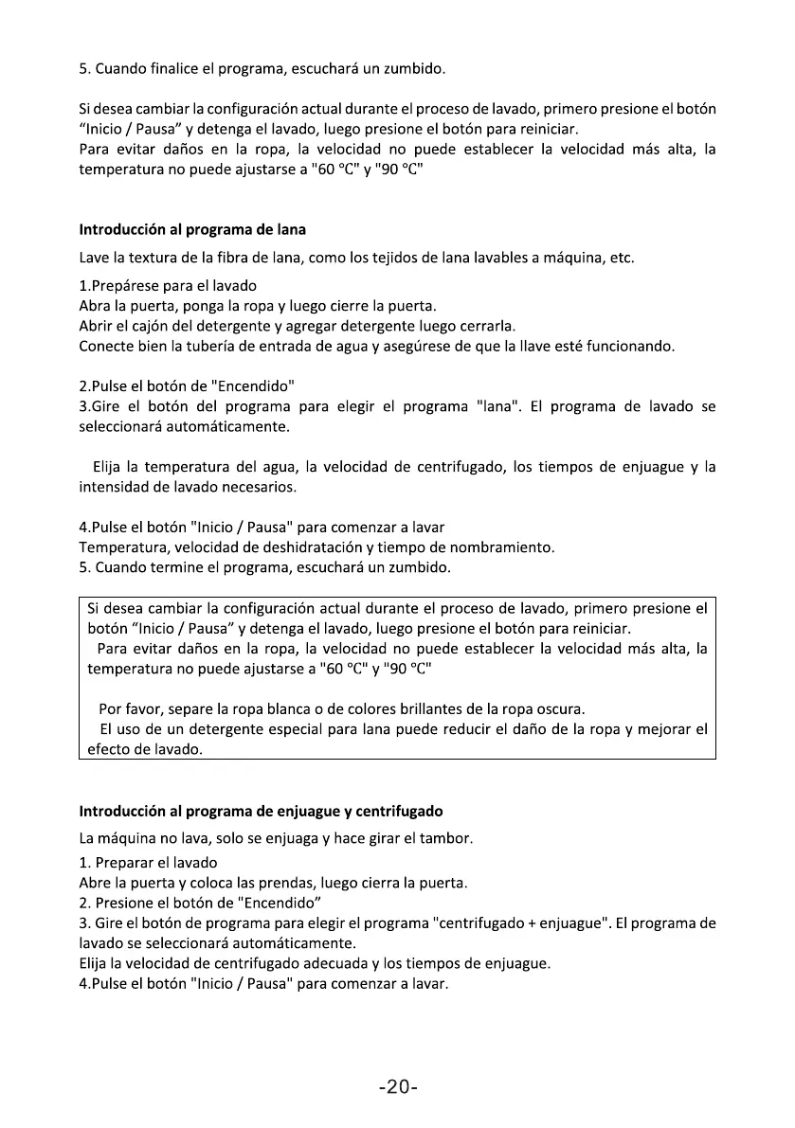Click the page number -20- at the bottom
pyautogui.click(x=398, y=1087)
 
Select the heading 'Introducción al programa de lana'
pyautogui.click(x=192, y=230)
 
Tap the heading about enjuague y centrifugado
pyautogui.click(x=261, y=812)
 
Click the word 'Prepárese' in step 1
pyautogui.click(x=127, y=285)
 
